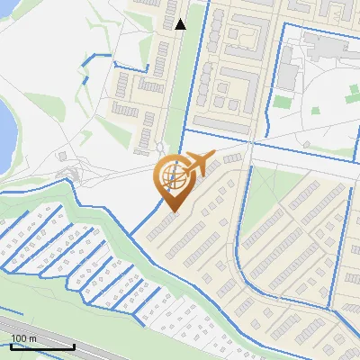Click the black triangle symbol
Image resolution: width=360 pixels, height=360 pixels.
(x=181, y=24)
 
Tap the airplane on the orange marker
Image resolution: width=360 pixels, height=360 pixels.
(x=196, y=163)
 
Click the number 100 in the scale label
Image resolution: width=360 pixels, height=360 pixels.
(x=17, y=338)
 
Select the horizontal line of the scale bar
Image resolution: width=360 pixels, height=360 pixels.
(x=40, y=346)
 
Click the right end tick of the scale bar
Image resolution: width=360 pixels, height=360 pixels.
(x=74, y=345)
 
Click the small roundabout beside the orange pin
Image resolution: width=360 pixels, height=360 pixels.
(x=160, y=148)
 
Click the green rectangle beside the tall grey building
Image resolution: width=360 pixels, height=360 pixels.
(x=282, y=102)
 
